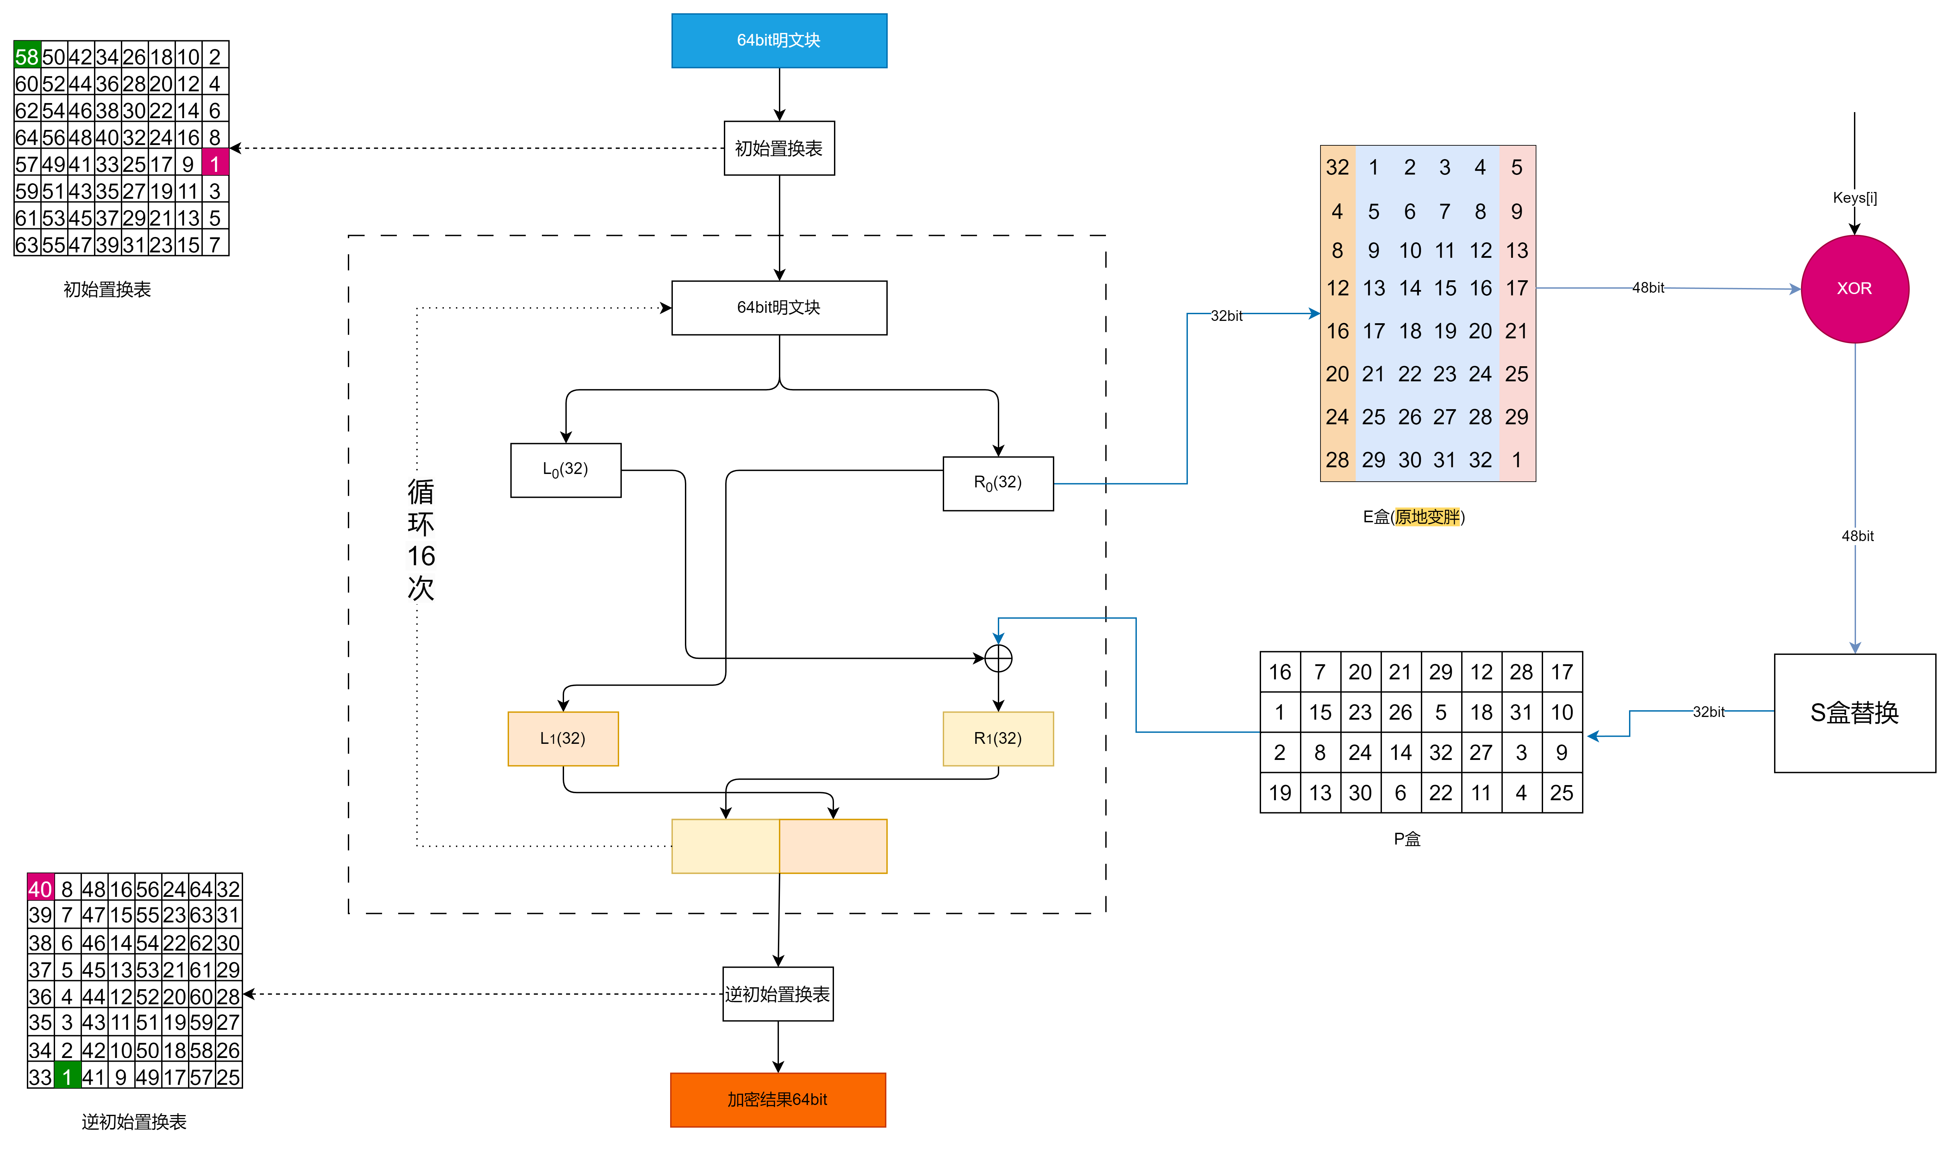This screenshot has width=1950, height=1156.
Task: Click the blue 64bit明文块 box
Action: pos(779,41)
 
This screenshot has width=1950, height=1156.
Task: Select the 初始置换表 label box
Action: pos(779,148)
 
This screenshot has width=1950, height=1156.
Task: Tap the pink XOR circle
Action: pos(1854,288)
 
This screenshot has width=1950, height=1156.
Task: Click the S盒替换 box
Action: pos(1854,713)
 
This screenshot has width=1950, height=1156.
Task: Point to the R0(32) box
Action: pos(998,483)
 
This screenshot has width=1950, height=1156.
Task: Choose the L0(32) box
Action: pos(566,470)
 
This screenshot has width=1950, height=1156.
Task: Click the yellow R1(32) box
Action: pos(998,738)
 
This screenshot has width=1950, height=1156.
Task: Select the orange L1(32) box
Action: pos(563,738)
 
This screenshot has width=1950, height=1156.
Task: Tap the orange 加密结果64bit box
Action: pos(778,1099)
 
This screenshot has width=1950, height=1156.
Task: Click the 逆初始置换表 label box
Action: pos(778,994)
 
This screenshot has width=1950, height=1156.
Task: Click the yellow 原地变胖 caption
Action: pos(1427,517)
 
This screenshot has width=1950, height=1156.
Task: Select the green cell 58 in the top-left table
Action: pos(27,56)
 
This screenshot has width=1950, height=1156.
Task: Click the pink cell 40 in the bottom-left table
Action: pos(41,888)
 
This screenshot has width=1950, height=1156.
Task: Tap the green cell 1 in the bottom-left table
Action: pos(67,1076)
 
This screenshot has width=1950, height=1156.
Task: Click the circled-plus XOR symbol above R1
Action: pos(998,658)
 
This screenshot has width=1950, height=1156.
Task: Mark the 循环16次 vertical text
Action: pos(421,539)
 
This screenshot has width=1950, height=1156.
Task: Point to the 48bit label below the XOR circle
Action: pos(1857,536)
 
